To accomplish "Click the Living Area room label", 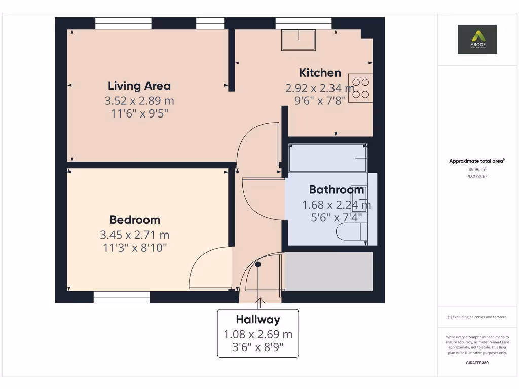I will coord(139,86).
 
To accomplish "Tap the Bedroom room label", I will coord(135,220).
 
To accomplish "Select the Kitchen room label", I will coord(320,72).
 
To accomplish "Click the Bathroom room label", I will coord(337,190).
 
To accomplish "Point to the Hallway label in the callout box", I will coord(258,320).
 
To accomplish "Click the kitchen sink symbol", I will coord(299,40).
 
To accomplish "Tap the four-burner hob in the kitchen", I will coord(360,88).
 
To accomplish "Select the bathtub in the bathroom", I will coord(327,158).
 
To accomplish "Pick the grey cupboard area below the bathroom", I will coord(329,271).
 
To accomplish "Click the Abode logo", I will coord(477,39).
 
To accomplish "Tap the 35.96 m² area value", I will coord(477,169).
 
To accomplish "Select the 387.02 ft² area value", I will coord(477,177).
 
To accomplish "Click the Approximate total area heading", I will coord(476,161).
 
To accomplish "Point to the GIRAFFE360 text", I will coord(477,363).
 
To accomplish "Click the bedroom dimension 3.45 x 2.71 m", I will coord(135,235).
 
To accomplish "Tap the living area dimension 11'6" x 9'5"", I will coord(139,113).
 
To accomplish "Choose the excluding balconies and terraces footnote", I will coord(477,317).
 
